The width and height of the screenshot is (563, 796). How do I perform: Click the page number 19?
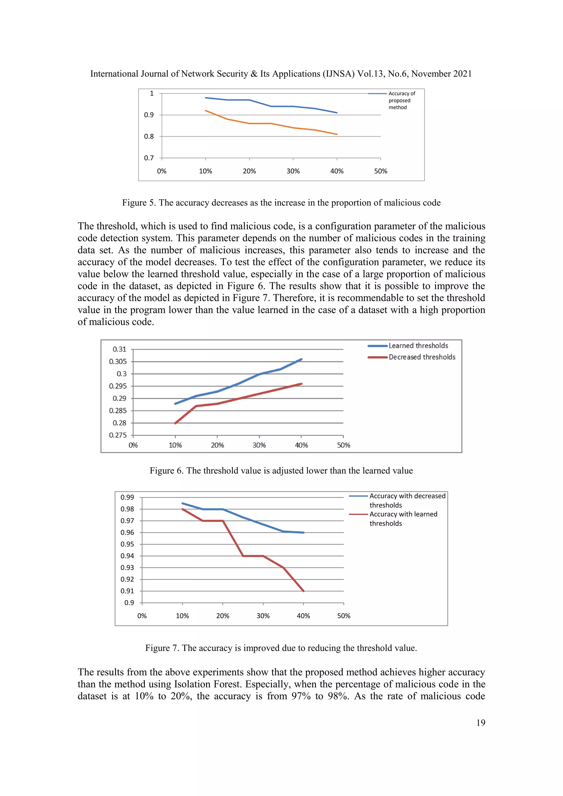[481, 723]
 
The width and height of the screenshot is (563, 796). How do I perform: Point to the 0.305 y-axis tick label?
[118, 362]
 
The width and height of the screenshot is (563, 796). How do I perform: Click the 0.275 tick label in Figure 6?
[118, 435]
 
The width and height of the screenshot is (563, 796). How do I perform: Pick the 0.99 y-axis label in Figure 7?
[127, 497]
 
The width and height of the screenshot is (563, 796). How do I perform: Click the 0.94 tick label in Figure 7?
[127, 556]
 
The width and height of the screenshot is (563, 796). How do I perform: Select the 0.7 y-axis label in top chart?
[149, 158]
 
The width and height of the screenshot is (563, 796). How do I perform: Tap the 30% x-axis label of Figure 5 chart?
[293, 171]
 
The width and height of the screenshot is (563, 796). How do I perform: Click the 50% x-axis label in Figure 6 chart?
[344, 445]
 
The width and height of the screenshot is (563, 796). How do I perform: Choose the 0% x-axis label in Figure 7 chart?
[142, 616]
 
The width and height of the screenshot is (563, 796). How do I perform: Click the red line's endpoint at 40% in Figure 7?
[304, 591]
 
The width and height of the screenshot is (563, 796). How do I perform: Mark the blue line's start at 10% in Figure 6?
[175, 403]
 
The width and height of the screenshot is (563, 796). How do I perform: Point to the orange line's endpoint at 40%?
[337, 134]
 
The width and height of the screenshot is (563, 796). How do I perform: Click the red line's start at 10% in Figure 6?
[175, 423]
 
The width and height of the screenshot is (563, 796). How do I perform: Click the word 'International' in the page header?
[114, 74]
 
